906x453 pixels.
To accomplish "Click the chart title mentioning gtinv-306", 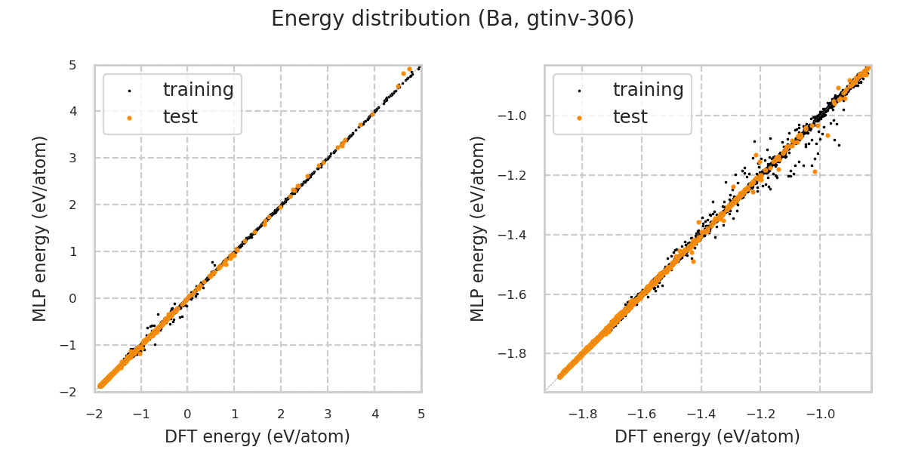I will click(452, 19).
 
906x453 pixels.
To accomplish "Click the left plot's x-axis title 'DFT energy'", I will click(257, 436).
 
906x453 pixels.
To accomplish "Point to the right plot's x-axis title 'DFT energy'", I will click(707, 436).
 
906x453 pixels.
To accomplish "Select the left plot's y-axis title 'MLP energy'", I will click(40, 228).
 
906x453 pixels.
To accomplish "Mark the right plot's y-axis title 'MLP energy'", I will click(477, 228).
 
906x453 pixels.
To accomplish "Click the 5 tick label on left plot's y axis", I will click(72, 65).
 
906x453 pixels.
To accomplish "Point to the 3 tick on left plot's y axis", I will click(72, 158).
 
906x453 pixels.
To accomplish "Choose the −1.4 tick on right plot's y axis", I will click(519, 235).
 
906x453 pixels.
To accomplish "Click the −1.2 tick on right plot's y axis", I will click(519, 175).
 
